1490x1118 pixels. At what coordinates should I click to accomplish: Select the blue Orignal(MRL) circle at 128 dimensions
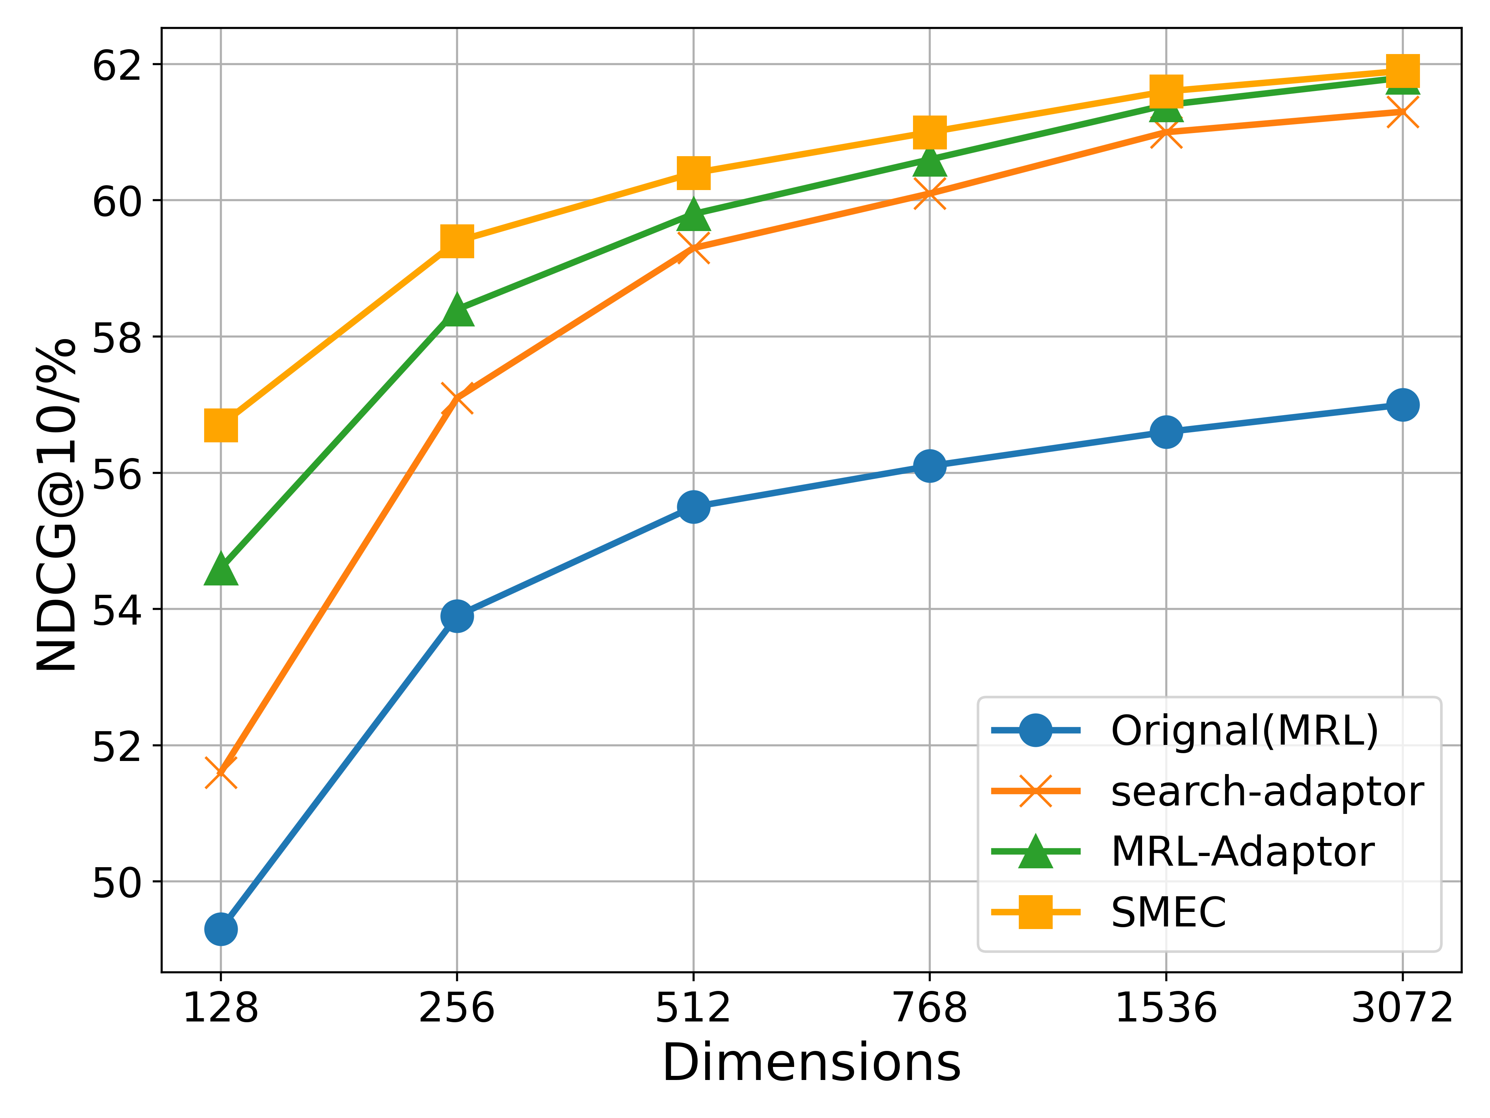pos(221,929)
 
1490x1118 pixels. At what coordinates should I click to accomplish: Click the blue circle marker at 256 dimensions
pos(457,616)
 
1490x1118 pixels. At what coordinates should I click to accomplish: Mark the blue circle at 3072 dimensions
pos(1402,405)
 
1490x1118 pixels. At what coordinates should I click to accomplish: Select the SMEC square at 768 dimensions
pos(929,132)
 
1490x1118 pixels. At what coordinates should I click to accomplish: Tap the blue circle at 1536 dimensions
pos(1166,432)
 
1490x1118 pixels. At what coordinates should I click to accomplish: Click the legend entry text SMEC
pos(1169,913)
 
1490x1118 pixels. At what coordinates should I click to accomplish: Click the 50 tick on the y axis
pos(117,882)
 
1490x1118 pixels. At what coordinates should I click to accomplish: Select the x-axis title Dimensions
pos(812,1064)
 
